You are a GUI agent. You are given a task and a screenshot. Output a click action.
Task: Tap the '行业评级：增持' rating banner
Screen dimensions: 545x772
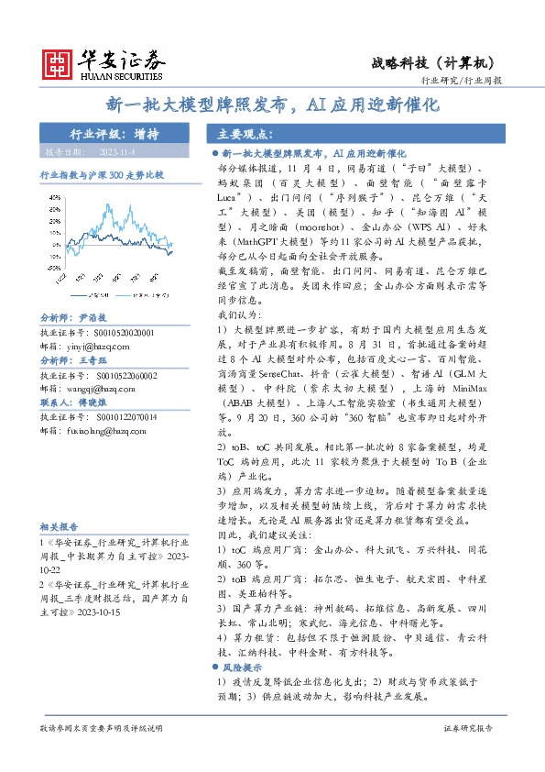coord(114,133)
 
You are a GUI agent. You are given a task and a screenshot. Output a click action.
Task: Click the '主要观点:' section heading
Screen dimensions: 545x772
coord(234,134)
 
